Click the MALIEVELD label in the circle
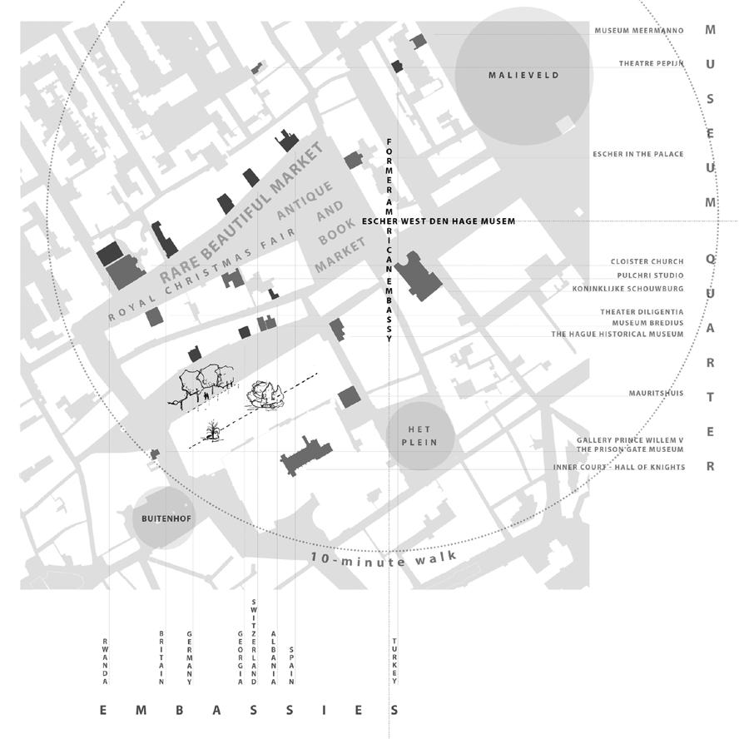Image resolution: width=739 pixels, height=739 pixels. [x=523, y=76]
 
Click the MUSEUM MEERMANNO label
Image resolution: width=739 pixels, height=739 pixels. [x=638, y=31]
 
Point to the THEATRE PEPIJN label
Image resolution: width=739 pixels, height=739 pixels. [x=651, y=64]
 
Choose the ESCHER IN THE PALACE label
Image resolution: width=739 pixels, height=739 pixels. [x=637, y=154]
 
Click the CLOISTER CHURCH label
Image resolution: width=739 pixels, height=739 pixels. [x=647, y=262]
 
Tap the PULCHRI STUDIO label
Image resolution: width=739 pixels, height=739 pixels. [x=650, y=275]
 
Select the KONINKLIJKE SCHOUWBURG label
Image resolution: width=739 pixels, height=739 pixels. [x=627, y=289]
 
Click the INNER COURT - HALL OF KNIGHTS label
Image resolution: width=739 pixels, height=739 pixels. [x=619, y=468]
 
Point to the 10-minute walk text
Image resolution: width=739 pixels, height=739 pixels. [x=384, y=559]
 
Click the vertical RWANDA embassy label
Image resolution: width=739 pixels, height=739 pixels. [x=106, y=661]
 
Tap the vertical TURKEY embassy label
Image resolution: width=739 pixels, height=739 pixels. [x=394, y=661]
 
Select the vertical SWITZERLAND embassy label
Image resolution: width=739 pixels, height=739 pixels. [x=254, y=641]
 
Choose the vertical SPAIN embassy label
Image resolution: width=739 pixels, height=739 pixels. [x=291, y=666]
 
